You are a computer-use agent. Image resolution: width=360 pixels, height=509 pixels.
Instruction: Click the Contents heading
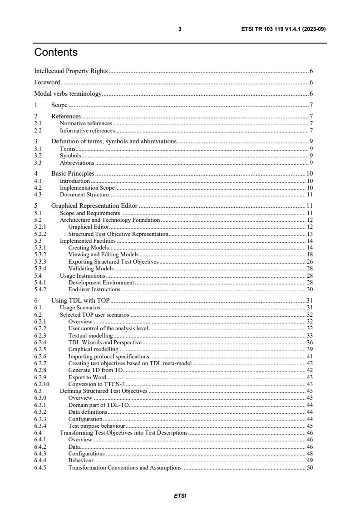[56, 53]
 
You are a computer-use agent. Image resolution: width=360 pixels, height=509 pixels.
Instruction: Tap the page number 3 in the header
[180, 29]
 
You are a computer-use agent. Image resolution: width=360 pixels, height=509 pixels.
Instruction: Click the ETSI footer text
[180, 496]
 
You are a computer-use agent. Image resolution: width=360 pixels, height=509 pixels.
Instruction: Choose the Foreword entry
[47, 83]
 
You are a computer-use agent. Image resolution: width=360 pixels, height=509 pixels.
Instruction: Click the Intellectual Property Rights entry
[71, 71]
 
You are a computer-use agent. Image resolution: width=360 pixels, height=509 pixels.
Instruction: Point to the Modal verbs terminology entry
[68, 94]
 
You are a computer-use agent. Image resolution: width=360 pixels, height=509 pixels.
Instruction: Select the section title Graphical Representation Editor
[94, 206]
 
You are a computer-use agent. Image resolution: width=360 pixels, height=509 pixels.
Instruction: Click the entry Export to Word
[87, 377]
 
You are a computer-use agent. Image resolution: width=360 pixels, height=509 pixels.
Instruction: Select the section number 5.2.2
[40, 234]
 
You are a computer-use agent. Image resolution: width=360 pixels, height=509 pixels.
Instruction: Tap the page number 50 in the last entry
[310, 468]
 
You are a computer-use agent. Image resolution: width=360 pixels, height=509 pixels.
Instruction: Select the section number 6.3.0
[40, 398]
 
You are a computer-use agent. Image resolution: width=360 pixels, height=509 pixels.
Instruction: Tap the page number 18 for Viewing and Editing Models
[310, 254]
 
